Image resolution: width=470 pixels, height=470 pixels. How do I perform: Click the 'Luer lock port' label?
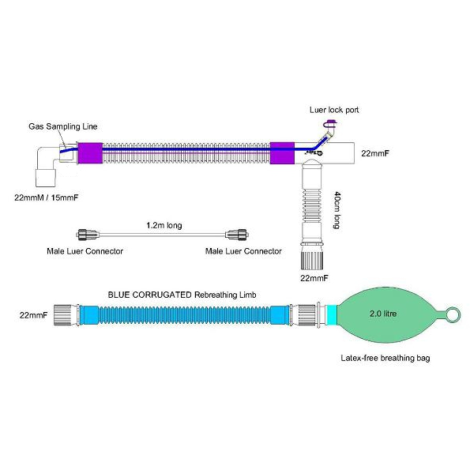click(x=334, y=110)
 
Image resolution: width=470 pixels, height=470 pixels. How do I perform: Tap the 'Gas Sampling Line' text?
click(x=63, y=126)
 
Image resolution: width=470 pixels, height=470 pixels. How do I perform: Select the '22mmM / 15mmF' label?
click(x=47, y=197)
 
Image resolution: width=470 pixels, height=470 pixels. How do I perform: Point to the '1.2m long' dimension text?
click(x=164, y=225)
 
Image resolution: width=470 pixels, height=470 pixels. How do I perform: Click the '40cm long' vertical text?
click(x=337, y=210)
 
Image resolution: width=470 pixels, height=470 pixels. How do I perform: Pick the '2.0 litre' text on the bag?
click(x=383, y=314)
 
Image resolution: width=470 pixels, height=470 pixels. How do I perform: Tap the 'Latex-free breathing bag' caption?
click(x=385, y=358)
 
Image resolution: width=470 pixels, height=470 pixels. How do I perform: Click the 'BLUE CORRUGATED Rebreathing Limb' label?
click(x=182, y=295)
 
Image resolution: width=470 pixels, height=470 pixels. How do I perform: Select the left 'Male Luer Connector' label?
click(x=85, y=251)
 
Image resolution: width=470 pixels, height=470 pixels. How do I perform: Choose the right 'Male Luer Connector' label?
click(x=243, y=251)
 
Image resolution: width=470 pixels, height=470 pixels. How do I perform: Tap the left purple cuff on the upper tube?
click(x=91, y=153)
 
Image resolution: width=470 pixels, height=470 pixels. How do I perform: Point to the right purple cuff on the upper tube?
click(x=282, y=153)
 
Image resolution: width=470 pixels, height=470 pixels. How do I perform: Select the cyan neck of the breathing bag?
click(x=331, y=314)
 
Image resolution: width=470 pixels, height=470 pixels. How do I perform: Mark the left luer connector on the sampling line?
click(x=87, y=235)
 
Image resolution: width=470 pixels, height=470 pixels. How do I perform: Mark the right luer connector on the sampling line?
click(x=237, y=235)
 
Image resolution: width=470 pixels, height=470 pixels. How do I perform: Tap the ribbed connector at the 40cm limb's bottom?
click(x=312, y=261)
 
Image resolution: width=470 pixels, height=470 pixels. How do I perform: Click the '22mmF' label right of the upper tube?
click(x=375, y=153)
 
